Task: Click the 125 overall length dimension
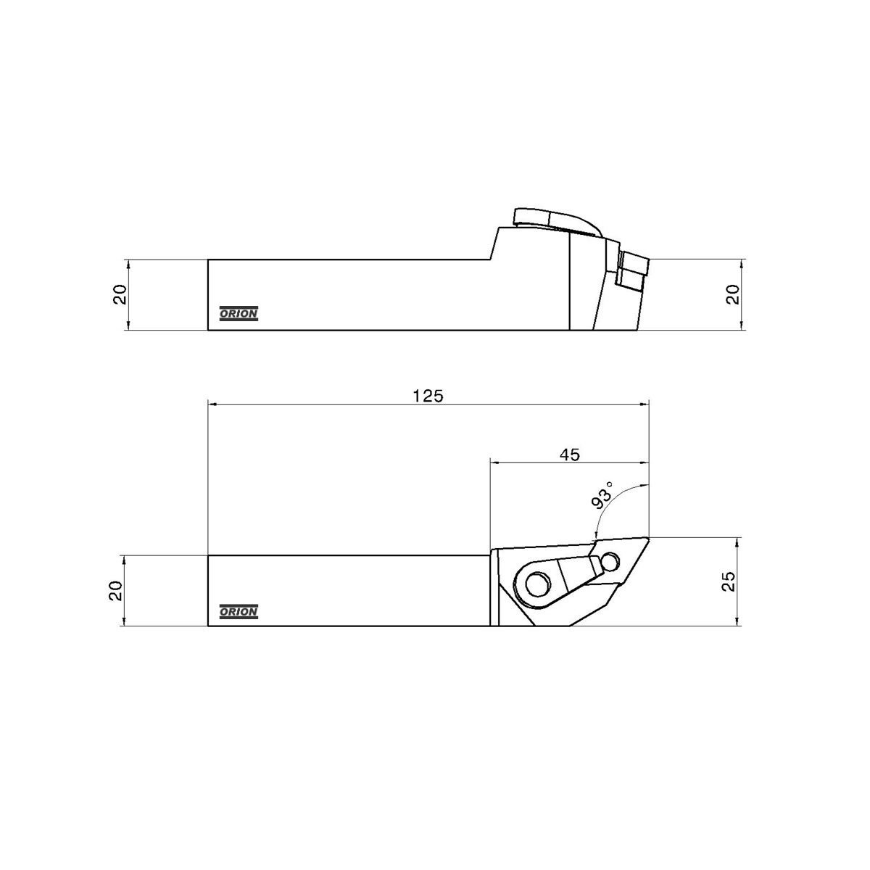click(428, 396)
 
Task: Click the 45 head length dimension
click(569, 455)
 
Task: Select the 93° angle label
click(602, 496)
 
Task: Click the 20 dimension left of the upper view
click(120, 294)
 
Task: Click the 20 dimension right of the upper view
click(732, 294)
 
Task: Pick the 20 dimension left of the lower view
click(115, 591)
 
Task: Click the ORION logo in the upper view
click(239, 313)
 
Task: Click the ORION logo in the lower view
click(239, 611)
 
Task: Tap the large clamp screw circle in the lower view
click(537, 586)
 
